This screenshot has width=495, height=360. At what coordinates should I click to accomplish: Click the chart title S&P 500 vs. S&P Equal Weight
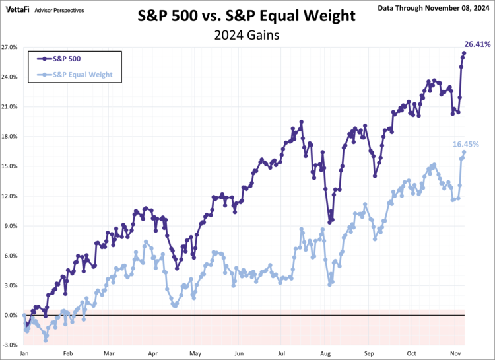247,15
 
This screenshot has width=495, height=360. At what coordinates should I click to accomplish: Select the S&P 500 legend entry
65,58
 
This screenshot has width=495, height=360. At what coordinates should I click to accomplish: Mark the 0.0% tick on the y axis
11,316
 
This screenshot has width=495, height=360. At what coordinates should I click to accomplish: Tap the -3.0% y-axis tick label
10,345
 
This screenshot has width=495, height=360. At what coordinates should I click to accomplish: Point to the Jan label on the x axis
24,354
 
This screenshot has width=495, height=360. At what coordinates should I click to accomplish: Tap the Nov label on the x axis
455,354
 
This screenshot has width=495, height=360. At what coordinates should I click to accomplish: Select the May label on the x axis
195,354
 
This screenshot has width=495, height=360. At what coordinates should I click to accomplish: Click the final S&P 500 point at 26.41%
464,53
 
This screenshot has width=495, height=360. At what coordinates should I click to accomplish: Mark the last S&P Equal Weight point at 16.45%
464,152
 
